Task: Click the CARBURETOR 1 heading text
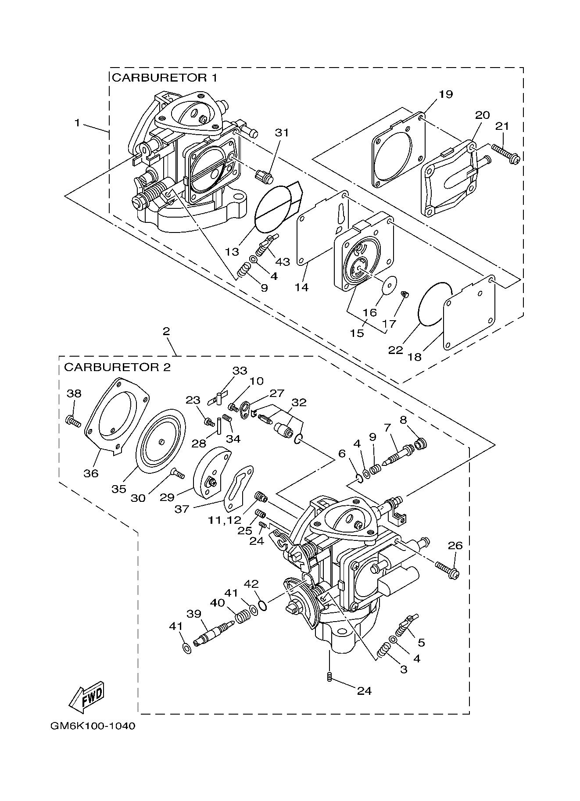tap(164, 78)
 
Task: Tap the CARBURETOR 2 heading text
tap(117, 367)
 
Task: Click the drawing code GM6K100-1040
tap(93, 738)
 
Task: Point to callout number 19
tap(445, 94)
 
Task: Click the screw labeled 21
tap(506, 154)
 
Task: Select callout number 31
tap(282, 132)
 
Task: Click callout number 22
tap(395, 350)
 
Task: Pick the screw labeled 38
tap(73, 422)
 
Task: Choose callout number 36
tap(91, 473)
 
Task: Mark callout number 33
tap(240, 371)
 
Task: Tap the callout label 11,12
tap(225, 520)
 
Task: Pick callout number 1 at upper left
tap(77, 123)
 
